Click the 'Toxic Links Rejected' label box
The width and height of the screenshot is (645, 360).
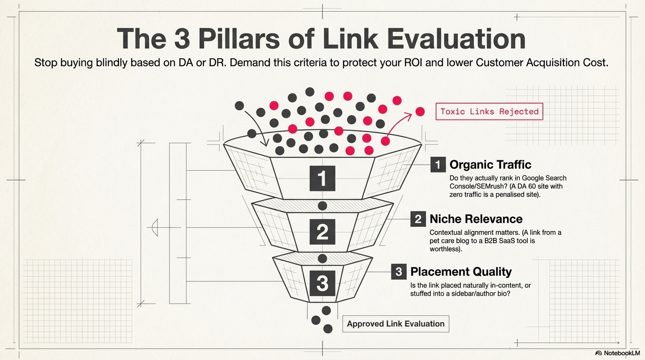tap(489, 112)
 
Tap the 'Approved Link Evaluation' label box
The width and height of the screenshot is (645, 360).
tap(396, 324)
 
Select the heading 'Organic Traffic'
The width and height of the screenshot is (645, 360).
tap(490, 165)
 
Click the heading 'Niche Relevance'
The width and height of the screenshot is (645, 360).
tap(476, 219)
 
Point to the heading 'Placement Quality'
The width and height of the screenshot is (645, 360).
tap(461, 272)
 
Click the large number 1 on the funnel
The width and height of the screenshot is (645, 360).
tap(322, 178)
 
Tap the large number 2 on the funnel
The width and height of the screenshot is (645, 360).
tap(322, 232)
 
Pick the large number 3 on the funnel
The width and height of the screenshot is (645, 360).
tap(322, 283)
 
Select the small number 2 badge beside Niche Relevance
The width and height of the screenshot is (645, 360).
tap(418, 219)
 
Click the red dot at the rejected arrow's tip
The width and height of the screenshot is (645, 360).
tap(420, 112)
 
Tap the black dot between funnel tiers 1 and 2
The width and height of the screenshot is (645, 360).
tap(322, 205)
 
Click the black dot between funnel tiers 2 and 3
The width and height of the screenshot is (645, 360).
tap(322, 258)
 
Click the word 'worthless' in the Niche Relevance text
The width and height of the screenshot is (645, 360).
tap(445, 249)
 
